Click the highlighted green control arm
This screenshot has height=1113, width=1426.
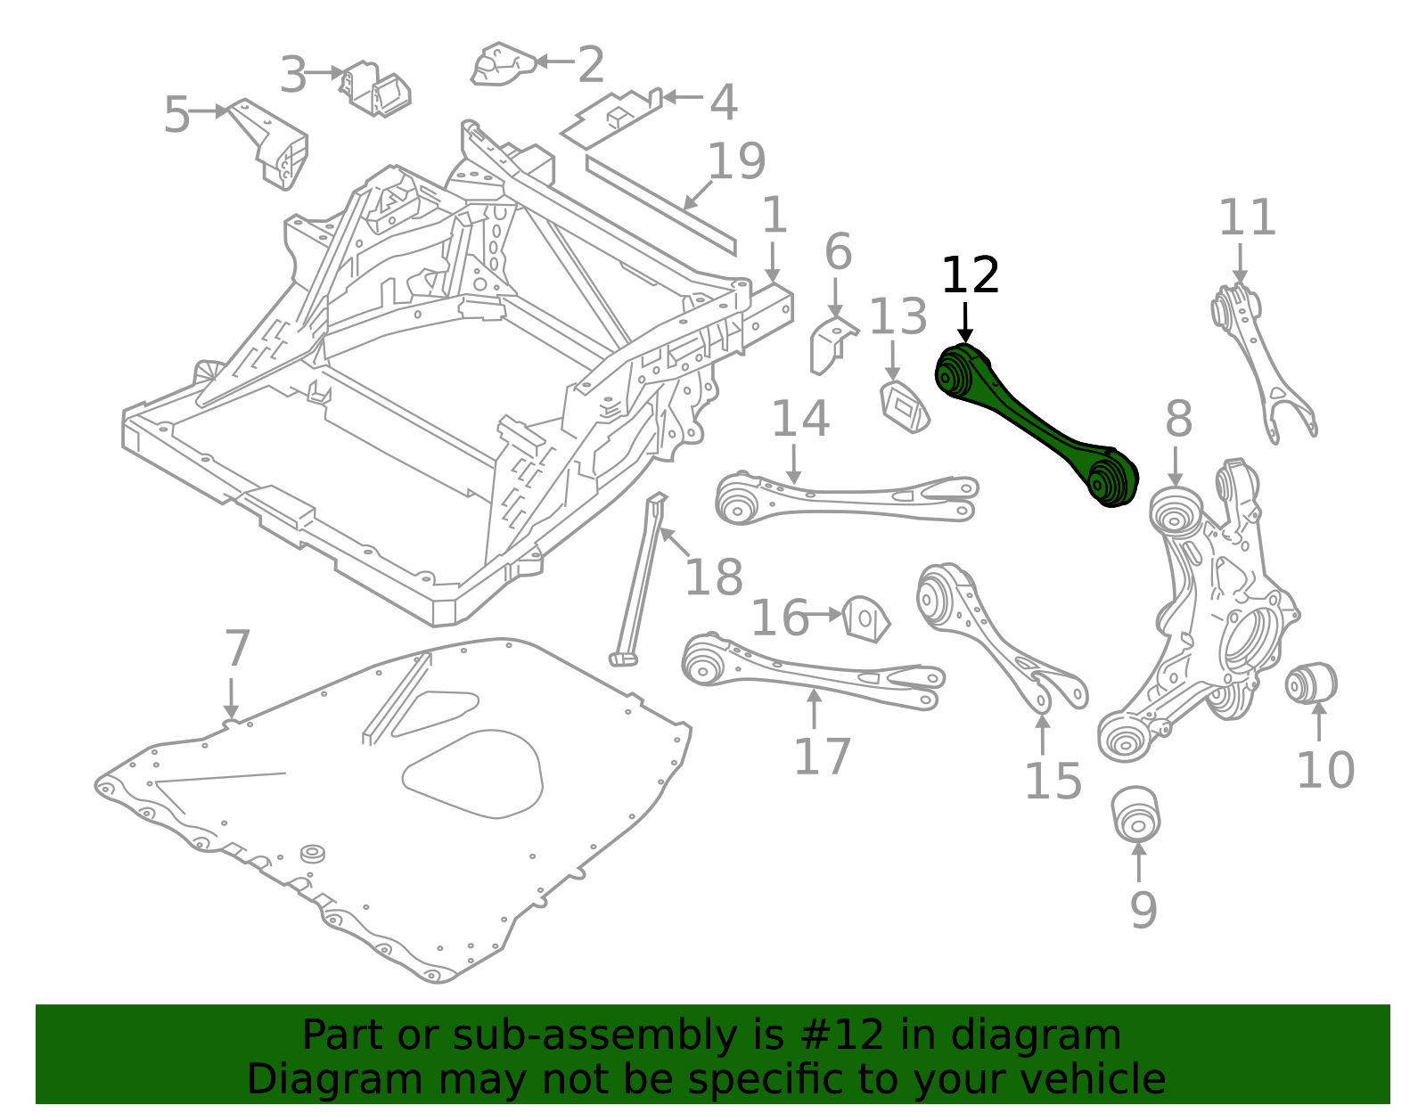(x=1037, y=425)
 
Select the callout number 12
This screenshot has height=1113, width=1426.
(x=970, y=275)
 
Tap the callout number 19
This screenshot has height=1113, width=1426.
(x=736, y=160)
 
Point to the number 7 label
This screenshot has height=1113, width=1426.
(x=237, y=648)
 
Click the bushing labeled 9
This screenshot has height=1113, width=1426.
(x=1136, y=814)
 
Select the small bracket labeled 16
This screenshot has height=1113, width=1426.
(x=865, y=618)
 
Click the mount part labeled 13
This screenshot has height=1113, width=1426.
(x=905, y=407)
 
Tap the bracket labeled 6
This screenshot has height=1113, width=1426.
(x=832, y=345)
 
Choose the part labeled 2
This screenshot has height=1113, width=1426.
(x=504, y=64)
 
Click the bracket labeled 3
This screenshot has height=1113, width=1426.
(x=374, y=89)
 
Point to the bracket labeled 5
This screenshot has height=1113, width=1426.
(x=269, y=144)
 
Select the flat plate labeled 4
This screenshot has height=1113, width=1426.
(x=611, y=119)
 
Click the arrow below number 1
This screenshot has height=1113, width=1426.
(x=773, y=263)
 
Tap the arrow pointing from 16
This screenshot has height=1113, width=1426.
(x=822, y=615)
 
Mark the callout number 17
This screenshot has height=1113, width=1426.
(x=823, y=757)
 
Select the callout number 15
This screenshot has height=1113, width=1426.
(x=1053, y=782)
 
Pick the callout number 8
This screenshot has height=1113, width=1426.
(x=1178, y=419)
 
